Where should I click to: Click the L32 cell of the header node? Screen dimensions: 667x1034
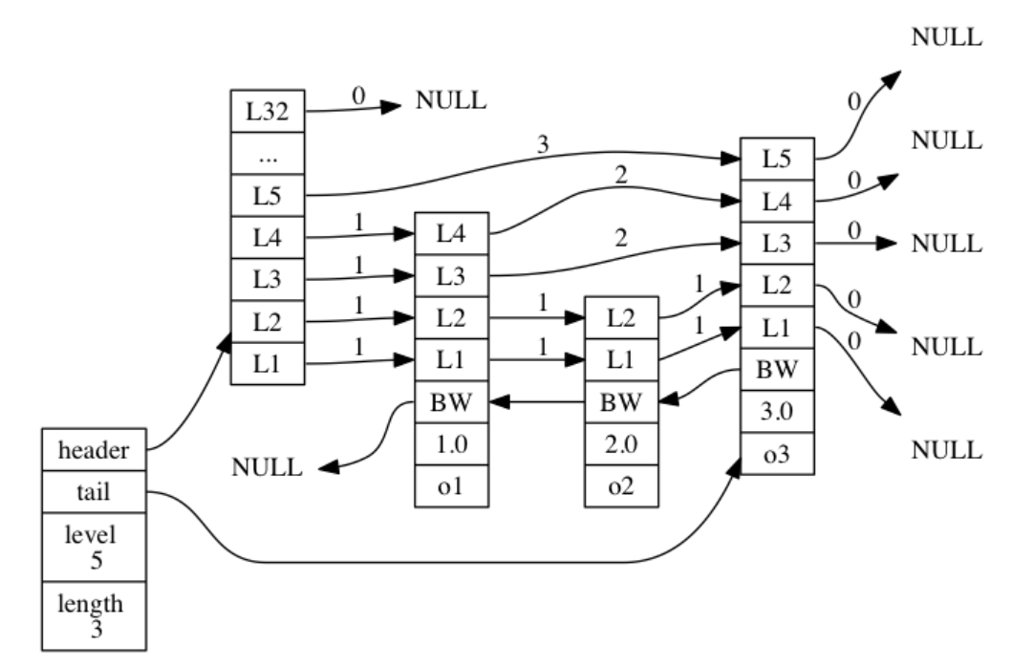pyautogui.click(x=267, y=110)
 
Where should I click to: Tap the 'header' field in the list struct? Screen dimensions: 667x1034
pyautogui.click(x=94, y=448)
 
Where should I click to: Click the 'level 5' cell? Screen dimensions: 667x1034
pyautogui.click(x=94, y=545)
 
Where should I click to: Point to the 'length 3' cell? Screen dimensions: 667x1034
pyautogui.click(x=94, y=613)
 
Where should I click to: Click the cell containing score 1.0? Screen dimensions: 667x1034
pyautogui.click(x=451, y=445)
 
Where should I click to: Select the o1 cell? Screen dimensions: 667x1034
pyautogui.click(x=451, y=486)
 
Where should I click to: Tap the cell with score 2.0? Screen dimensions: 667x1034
pyautogui.click(x=621, y=445)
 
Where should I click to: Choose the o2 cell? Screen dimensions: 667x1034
pyautogui.click(x=621, y=486)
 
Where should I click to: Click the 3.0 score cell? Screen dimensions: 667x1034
pyautogui.click(x=777, y=411)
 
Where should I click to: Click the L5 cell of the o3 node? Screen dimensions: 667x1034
pyautogui.click(x=777, y=158)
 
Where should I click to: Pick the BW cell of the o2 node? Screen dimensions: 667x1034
pyautogui.click(x=621, y=403)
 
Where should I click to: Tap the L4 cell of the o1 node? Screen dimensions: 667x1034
pyautogui.click(x=451, y=234)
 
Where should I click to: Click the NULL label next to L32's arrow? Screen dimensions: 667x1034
pyautogui.click(x=450, y=100)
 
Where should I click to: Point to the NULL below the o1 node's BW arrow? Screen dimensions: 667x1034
pyautogui.click(x=268, y=468)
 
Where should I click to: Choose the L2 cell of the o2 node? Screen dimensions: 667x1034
pyautogui.click(x=621, y=318)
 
